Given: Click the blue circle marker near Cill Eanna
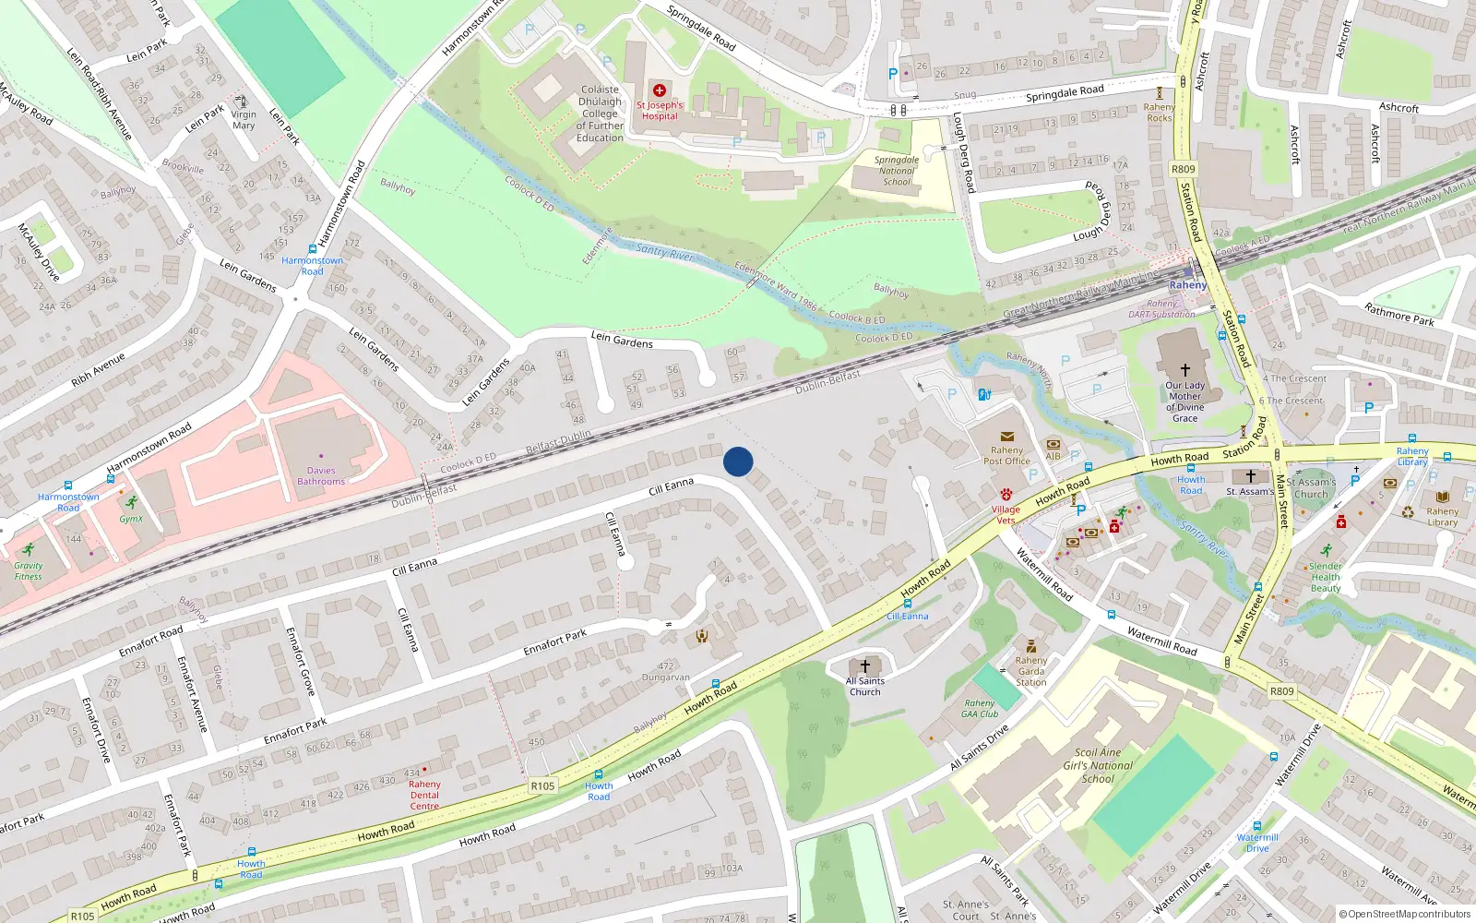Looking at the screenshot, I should pyautogui.click(x=738, y=461).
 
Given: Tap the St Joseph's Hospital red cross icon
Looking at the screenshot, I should pyautogui.click(x=659, y=90).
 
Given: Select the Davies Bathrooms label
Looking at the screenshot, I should pyautogui.click(x=321, y=475).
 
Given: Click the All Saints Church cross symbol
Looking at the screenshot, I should pyautogui.click(x=865, y=665).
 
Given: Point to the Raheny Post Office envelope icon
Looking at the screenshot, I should pyautogui.click(x=1006, y=437).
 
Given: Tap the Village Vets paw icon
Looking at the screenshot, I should pyautogui.click(x=1006, y=495).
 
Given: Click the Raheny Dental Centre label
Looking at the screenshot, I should pyautogui.click(x=424, y=795).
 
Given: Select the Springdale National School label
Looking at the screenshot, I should pyautogui.click(x=896, y=171).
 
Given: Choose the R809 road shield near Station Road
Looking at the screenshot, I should pyautogui.click(x=1183, y=169).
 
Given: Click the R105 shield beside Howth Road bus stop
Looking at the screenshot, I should pyautogui.click(x=542, y=785).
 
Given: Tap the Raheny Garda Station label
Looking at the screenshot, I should pyautogui.click(x=1030, y=671).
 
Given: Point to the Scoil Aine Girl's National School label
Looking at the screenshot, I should pyautogui.click(x=1098, y=765).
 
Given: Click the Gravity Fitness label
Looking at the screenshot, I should pyautogui.click(x=28, y=571).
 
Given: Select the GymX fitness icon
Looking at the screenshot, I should pyautogui.click(x=132, y=502).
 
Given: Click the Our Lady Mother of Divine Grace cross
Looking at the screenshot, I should pyautogui.click(x=1184, y=369).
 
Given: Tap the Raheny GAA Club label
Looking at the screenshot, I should pyautogui.click(x=980, y=708).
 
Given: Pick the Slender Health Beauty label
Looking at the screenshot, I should pyautogui.click(x=1326, y=577).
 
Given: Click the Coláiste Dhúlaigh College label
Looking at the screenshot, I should pyautogui.click(x=600, y=114).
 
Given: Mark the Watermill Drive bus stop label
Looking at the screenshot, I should pyautogui.click(x=1257, y=843).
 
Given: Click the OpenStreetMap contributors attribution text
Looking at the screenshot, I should pyautogui.click(x=1404, y=914).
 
